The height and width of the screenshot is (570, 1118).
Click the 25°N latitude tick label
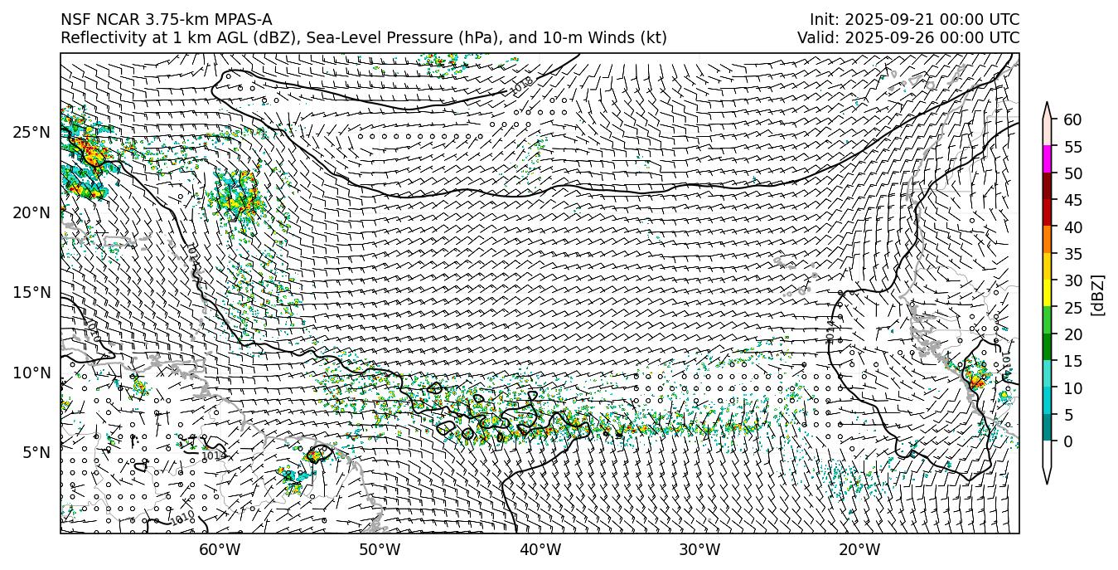coord(31,132)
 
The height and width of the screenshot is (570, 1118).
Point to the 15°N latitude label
coord(31,292)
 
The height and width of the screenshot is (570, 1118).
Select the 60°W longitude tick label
coord(220,549)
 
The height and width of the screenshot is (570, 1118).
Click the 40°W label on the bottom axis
coord(540,549)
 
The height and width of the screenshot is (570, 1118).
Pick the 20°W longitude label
coord(859,549)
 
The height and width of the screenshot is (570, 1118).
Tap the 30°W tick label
coord(699,549)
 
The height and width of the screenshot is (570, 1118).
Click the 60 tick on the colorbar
coord(1072,120)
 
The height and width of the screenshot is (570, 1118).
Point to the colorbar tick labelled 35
coord(1072,254)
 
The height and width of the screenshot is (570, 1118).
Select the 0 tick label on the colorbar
coord(1068,441)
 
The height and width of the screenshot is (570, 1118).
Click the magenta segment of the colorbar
coord(1047,159)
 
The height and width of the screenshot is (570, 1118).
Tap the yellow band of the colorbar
coord(1047,293)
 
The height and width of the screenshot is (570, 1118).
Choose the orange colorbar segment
coord(1047,240)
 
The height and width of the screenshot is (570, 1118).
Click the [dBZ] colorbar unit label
coord(1098,295)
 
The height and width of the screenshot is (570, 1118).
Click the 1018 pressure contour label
coord(521,85)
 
